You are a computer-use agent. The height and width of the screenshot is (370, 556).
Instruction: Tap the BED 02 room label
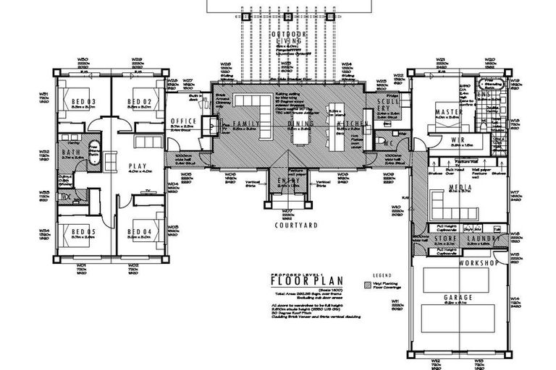(138, 101)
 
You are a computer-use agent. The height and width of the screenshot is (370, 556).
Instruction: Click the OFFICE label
(183, 121)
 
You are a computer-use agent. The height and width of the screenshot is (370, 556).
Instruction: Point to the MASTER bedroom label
(449, 111)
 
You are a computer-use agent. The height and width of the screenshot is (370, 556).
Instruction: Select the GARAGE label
(461, 298)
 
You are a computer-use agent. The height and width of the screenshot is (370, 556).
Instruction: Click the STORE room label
(447, 238)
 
